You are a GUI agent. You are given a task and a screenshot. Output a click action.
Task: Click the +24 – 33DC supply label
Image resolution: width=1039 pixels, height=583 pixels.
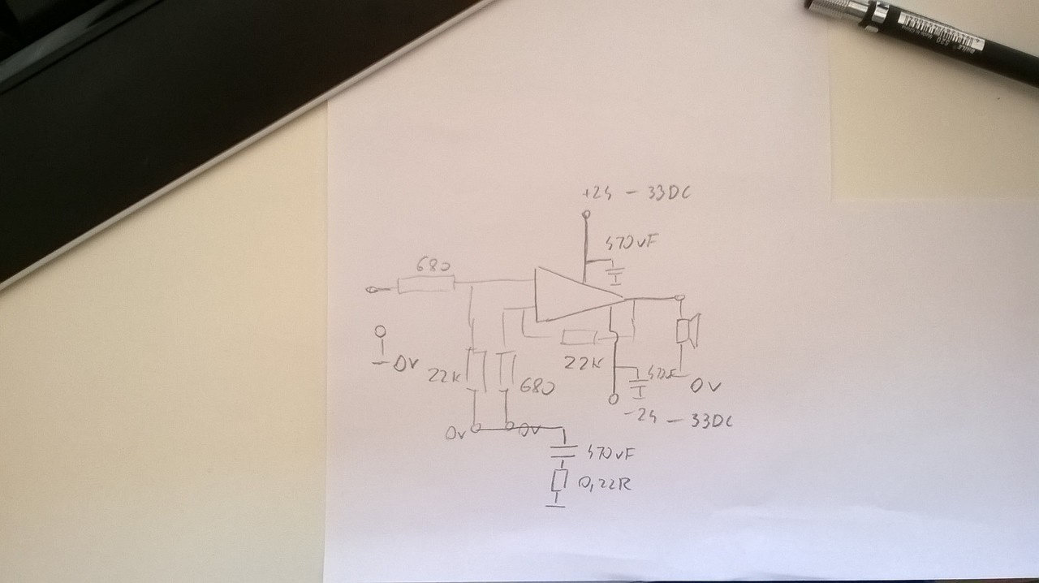coord(641,194)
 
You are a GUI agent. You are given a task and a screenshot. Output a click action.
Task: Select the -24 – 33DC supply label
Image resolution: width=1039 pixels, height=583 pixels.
coord(681,420)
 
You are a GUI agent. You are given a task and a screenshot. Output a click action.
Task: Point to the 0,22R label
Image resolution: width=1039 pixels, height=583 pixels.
coord(605,485)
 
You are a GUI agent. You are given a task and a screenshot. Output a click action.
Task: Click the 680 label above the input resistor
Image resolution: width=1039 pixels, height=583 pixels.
coord(434,266)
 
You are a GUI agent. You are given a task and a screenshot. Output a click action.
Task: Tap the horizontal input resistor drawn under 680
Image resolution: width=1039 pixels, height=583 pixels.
coord(425,284)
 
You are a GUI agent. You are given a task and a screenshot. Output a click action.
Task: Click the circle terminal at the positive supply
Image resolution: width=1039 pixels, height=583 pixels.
coord(584,215)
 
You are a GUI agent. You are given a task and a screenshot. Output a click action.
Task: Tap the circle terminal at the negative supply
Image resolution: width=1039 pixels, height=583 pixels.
coord(613,399)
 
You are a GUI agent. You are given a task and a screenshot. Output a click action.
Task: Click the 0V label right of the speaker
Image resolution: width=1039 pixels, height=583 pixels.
coord(705,387)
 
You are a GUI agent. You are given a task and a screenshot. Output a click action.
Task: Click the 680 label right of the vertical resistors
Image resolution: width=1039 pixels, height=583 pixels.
coord(537,387)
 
